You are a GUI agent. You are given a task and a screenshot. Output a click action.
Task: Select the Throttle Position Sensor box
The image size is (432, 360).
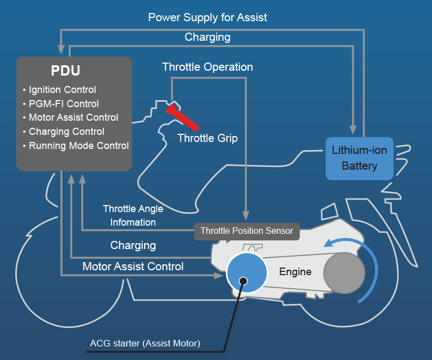(247, 231)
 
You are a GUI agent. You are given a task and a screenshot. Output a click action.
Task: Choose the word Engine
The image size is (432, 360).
(295, 272)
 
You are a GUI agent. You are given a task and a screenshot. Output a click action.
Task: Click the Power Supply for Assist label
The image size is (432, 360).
(208, 17)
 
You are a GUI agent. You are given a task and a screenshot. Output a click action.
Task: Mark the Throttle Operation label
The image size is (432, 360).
(207, 67)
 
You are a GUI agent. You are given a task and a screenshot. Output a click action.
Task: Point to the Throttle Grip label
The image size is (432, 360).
(207, 138)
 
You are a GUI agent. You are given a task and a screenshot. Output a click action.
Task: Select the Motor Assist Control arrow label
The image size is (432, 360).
(133, 267)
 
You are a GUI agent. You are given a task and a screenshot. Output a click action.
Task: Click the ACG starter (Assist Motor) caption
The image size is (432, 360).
(145, 344)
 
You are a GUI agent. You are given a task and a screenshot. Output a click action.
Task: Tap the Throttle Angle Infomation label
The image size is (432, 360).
(133, 215)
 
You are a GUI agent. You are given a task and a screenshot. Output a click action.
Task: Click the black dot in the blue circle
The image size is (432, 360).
(243, 281)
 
